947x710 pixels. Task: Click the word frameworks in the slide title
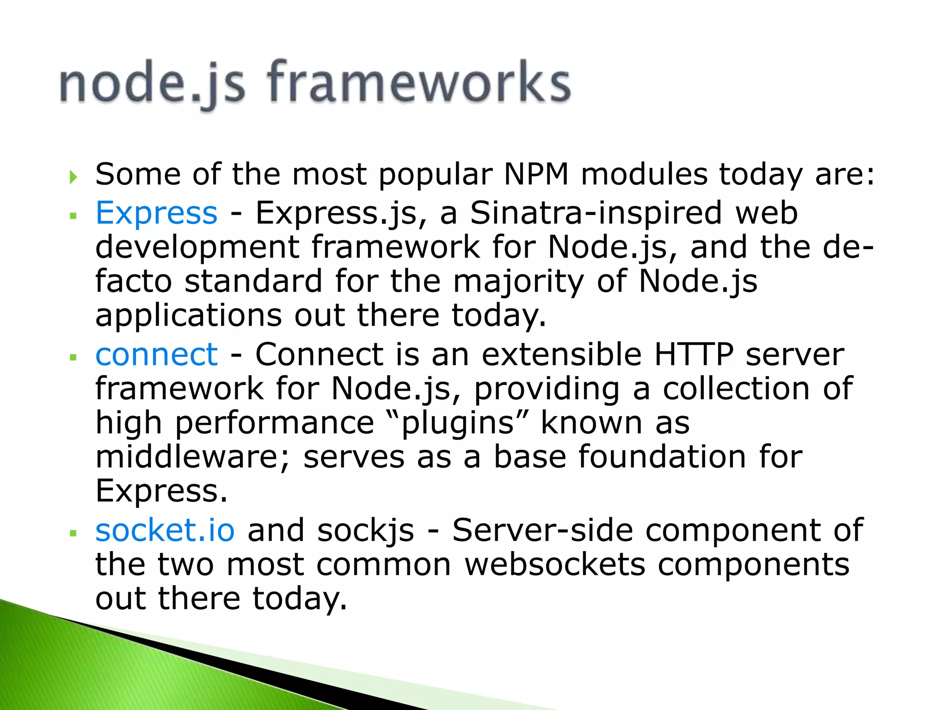coord(418,83)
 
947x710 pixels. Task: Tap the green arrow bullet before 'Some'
coord(73,177)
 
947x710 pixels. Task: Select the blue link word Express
coord(156,213)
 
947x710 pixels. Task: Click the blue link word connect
coord(156,355)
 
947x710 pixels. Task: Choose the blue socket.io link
coord(165,530)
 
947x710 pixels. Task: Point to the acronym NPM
coord(536,175)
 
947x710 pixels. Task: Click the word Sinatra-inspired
coord(596,213)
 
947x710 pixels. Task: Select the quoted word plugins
coord(458,423)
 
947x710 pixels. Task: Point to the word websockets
coord(554,564)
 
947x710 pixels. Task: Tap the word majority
coord(518,282)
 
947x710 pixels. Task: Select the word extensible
coord(561,355)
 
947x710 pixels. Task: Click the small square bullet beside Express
coord(73,215)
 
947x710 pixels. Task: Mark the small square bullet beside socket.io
coord(73,533)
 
